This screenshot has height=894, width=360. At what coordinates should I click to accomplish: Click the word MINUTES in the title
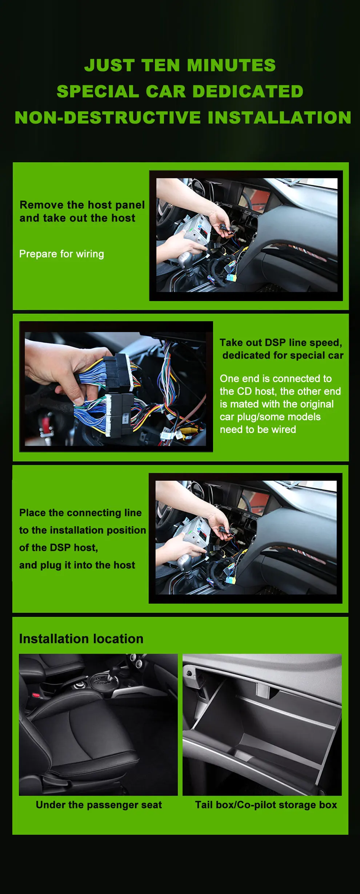[231, 65]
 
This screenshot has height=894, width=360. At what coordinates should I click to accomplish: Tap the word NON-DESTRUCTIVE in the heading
[108, 117]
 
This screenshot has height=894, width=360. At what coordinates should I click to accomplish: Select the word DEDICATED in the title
[248, 91]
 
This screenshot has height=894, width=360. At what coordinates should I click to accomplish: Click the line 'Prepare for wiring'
[61, 254]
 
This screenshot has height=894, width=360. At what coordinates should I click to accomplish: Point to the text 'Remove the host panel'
[82, 205]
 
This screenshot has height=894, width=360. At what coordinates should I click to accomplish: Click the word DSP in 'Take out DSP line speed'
[275, 342]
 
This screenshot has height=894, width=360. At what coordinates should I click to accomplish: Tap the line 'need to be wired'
[258, 429]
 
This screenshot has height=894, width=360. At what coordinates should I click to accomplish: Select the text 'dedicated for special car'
[283, 355]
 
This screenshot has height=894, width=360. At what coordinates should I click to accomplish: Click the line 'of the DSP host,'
[59, 548]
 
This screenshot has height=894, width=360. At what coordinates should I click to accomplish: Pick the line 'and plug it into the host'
[77, 565]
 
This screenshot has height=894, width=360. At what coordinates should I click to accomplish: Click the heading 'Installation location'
[81, 639]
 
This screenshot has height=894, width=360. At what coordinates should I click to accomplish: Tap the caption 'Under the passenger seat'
[99, 805]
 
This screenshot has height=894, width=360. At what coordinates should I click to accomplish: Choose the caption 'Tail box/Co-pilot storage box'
[266, 805]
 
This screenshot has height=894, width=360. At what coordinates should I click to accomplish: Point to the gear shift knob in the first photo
[186, 258]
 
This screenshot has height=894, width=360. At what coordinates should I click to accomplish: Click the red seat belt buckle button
[36, 695]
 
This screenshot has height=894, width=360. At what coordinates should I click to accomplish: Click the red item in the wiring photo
[45, 424]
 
